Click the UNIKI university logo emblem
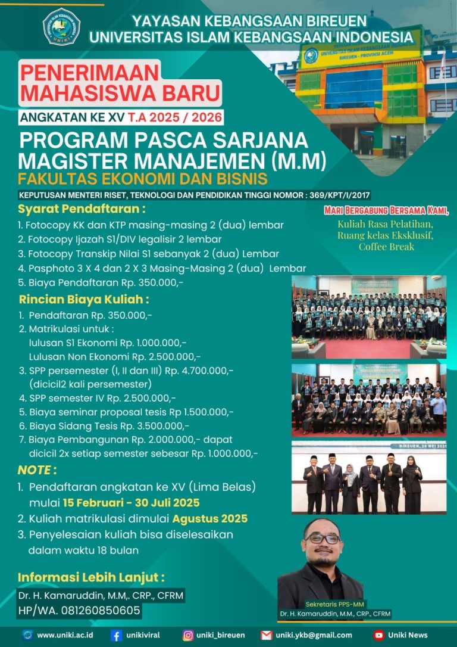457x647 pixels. (61, 27)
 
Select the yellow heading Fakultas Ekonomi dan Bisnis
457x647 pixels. (142, 179)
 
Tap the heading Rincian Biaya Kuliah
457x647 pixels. (83, 299)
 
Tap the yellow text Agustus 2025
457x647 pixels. (211, 518)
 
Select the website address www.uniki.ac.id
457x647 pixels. (65, 635)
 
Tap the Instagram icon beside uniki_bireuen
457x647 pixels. (188, 635)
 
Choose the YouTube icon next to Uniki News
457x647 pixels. (378, 635)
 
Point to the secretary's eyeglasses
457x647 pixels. (322, 539)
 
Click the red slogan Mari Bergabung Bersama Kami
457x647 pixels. (386, 211)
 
